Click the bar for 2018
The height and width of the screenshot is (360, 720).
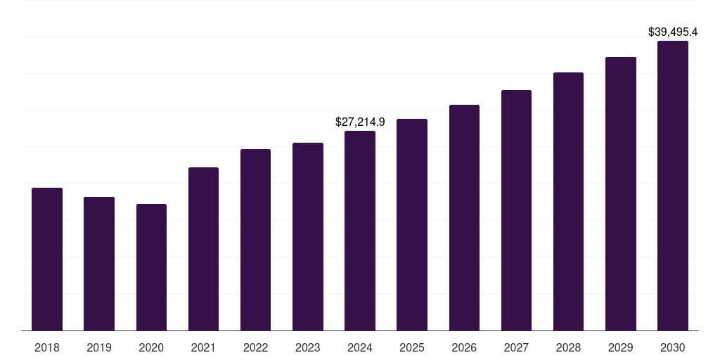coord(47,259)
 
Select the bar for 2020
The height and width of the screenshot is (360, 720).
coord(152,267)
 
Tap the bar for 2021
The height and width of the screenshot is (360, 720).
coord(203,249)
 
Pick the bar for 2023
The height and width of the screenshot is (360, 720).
coord(308,236)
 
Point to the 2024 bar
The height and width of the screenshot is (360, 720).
coord(360,231)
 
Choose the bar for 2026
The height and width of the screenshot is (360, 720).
coord(464,218)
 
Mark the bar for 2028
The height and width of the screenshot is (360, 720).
coord(568,202)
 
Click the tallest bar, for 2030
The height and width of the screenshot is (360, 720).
coord(673,186)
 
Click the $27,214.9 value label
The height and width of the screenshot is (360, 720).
coord(360,122)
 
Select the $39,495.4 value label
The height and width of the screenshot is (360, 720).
coord(673,32)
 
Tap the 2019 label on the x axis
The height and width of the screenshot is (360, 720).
coord(99,347)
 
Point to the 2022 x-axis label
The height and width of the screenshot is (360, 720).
coord(255,347)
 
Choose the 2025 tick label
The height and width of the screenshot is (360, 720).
coord(412,347)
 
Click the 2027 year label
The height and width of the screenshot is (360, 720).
coord(516,347)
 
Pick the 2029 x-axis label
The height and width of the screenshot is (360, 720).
coord(620,347)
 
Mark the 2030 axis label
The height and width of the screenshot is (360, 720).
coord(673,347)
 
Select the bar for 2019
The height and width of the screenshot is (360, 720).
coord(99,264)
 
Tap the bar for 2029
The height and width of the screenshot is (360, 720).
coord(621,194)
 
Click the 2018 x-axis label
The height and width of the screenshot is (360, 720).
coord(47,347)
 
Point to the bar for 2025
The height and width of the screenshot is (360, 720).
coord(412,224)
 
